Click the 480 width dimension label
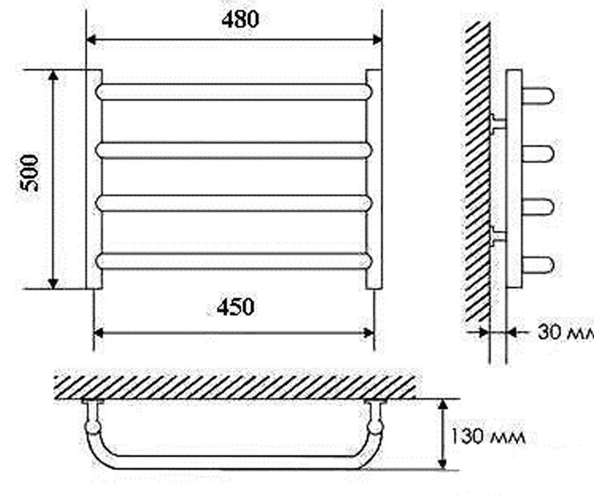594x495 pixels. point(241,19)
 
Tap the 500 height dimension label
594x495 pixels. point(29,173)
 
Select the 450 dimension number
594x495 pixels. point(235,307)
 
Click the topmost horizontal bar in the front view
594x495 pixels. point(234,92)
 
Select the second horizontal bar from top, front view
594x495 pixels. point(234,150)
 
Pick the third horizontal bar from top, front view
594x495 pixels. point(234,203)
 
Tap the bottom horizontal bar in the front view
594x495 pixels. point(234,261)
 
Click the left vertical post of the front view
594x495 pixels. point(94,179)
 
